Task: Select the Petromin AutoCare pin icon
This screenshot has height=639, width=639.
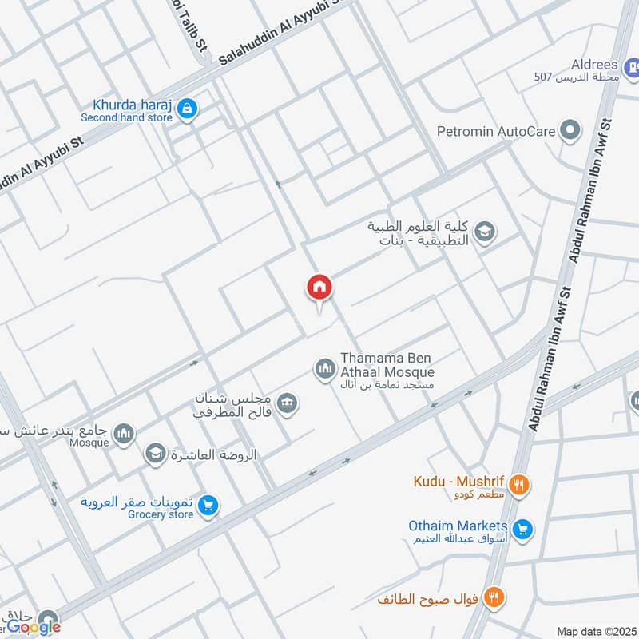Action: pos(570,130)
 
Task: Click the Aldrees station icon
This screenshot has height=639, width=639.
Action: pos(631,69)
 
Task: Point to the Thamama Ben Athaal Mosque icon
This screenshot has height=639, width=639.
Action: pos(323,368)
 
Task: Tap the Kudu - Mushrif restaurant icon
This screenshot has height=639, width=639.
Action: pos(519,484)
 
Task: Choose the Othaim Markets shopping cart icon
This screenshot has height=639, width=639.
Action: pos(523,529)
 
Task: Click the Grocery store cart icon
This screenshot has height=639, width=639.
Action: pos(208,506)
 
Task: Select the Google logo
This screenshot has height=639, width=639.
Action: pos(34,628)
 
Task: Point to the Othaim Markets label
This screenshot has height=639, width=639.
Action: pos(458,526)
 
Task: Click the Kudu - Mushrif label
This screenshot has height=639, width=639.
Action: pos(458,482)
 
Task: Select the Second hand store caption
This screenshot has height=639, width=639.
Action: pos(126,117)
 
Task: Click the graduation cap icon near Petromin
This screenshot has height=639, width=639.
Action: pos(484,232)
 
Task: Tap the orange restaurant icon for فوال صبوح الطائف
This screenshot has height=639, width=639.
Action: pos(494,597)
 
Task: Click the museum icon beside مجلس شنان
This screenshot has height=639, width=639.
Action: pos(289,402)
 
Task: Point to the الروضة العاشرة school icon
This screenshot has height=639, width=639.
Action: pos(155,454)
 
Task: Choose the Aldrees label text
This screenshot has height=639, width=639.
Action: pos(592,64)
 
